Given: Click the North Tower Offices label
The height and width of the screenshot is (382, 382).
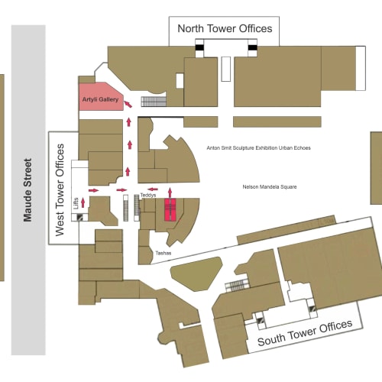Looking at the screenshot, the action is pyautogui.click(x=225, y=28).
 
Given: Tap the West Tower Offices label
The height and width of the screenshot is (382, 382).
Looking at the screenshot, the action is pyautogui.click(x=60, y=190).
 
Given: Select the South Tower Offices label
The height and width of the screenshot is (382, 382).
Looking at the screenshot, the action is pyautogui.click(x=305, y=332).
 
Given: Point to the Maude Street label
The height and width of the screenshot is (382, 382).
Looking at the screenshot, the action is pyautogui.click(x=28, y=190).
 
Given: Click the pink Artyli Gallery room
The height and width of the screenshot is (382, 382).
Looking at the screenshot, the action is pyautogui.click(x=100, y=97).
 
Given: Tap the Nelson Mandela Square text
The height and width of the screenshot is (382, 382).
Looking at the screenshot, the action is pyautogui.click(x=270, y=187).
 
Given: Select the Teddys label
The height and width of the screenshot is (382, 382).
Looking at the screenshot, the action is pyautogui.click(x=148, y=196).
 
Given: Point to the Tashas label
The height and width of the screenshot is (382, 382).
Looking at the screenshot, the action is pyautogui.click(x=163, y=253).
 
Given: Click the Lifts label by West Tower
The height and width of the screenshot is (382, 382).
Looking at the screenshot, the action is pyautogui.click(x=76, y=203).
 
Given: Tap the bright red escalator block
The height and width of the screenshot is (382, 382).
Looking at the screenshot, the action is pyautogui.click(x=170, y=210).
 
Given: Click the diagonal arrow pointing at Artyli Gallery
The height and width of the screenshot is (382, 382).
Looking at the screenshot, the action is pyautogui.click(x=128, y=104).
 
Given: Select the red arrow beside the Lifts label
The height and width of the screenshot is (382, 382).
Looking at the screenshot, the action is pyautogui.click(x=83, y=203).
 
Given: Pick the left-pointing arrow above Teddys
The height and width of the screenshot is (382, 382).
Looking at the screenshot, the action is pyautogui.click(x=153, y=189).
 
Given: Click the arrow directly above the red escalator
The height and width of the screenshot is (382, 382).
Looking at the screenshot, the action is pyautogui.click(x=170, y=193).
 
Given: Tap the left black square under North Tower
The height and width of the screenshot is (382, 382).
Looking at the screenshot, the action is pyautogui.click(x=199, y=47).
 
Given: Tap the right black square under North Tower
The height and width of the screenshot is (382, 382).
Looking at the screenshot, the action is pyautogui.click(x=252, y=47).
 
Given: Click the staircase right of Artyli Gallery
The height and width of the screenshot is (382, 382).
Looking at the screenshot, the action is pyautogui.click(x=154, y=102).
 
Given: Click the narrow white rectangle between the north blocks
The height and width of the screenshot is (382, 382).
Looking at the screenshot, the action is pyautogui.click(x=226, y=69).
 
